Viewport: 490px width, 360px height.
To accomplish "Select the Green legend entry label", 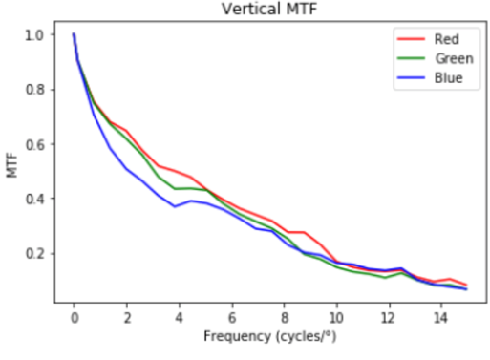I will click(448, 58).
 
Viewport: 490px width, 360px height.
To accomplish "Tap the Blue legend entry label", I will click(444, 78).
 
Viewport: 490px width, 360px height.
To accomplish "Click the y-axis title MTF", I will click(11, 167).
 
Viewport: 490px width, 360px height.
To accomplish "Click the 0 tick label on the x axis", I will click(74, 316).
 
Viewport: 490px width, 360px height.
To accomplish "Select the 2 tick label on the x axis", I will click(126, 316).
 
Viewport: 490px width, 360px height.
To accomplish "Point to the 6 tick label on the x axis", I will click(231, 316).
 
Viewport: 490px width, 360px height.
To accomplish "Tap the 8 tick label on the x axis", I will click(284, 316).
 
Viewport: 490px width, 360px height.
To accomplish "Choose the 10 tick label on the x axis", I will click(336, 316).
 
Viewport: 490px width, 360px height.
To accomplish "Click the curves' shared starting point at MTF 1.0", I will click(74, 34).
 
